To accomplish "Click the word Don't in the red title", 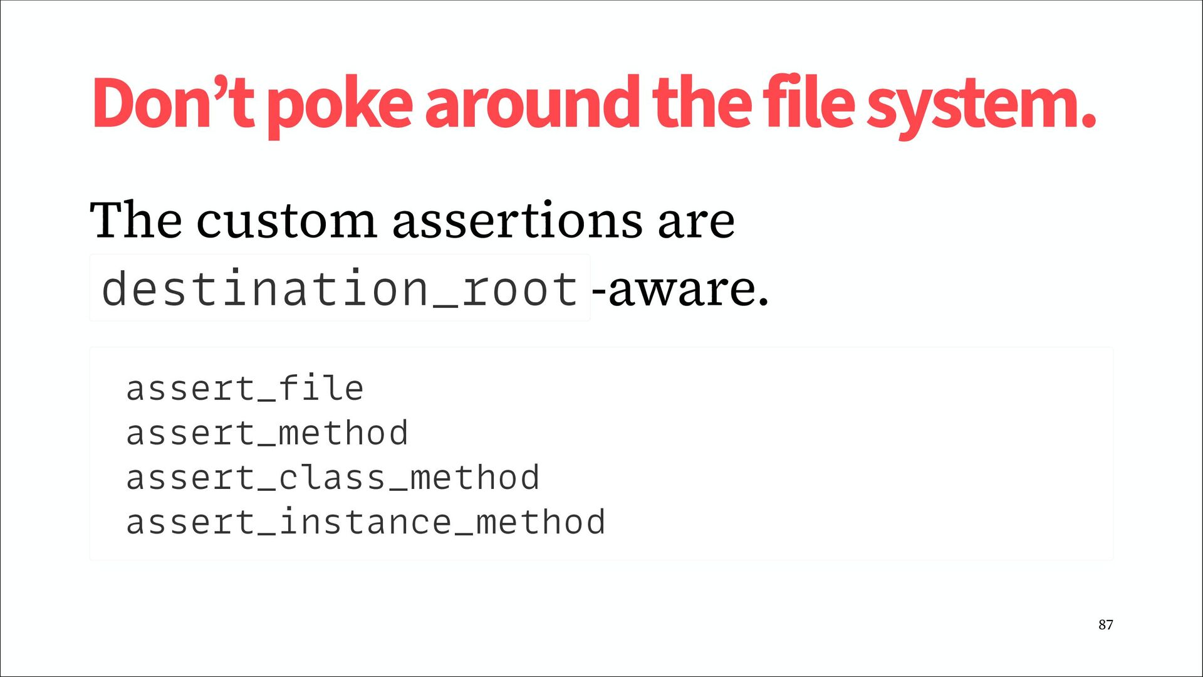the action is tap(173, 103).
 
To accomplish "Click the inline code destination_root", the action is tap(340, 288).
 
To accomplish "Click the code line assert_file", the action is tap(245, 388).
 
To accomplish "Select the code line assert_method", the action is tap(268, 433).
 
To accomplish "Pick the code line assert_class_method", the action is tap(333, 478).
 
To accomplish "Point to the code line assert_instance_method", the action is tap(366, 522).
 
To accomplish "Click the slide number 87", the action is tap(1106, 624).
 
